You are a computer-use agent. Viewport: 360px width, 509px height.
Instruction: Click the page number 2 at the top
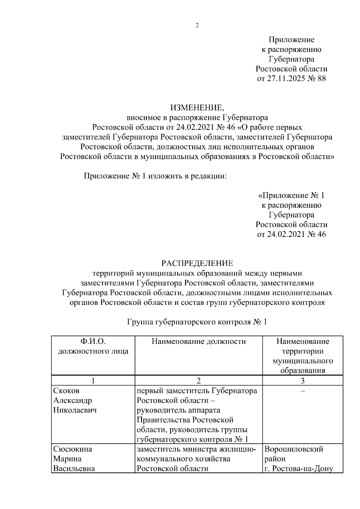(x=197, y=25)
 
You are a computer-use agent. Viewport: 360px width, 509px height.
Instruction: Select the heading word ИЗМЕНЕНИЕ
(x=196, y=107)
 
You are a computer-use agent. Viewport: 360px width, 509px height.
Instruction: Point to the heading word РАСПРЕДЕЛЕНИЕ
(x=197, y=263)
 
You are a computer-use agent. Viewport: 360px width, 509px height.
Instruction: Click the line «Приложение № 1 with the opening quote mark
(x=291, y=196)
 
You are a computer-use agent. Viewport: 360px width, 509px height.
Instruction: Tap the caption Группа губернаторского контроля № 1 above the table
(x=197, y=322)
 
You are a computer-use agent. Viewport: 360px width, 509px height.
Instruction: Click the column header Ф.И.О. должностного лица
(x=93, y=346)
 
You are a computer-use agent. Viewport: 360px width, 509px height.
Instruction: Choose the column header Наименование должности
(x=199, y=341)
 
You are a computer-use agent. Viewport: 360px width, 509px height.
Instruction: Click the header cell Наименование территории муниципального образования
(x=302, y=356)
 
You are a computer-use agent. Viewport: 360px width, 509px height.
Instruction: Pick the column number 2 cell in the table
(x=198, y=381)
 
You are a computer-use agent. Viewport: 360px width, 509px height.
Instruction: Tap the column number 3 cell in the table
(x=303, y=381)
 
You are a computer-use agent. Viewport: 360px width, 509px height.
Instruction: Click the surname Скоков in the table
(x=67, y=391)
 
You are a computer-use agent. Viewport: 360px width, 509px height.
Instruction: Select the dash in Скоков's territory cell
(x=303, y=391)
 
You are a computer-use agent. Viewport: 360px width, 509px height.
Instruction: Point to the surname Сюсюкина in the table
(x=73, y=449)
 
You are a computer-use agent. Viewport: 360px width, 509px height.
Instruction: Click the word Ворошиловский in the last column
(x=294, y=449)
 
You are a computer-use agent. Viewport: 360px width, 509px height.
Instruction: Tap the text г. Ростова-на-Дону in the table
(x=298, y=469)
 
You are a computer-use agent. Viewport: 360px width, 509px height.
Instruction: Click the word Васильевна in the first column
(x=74, y=469)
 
